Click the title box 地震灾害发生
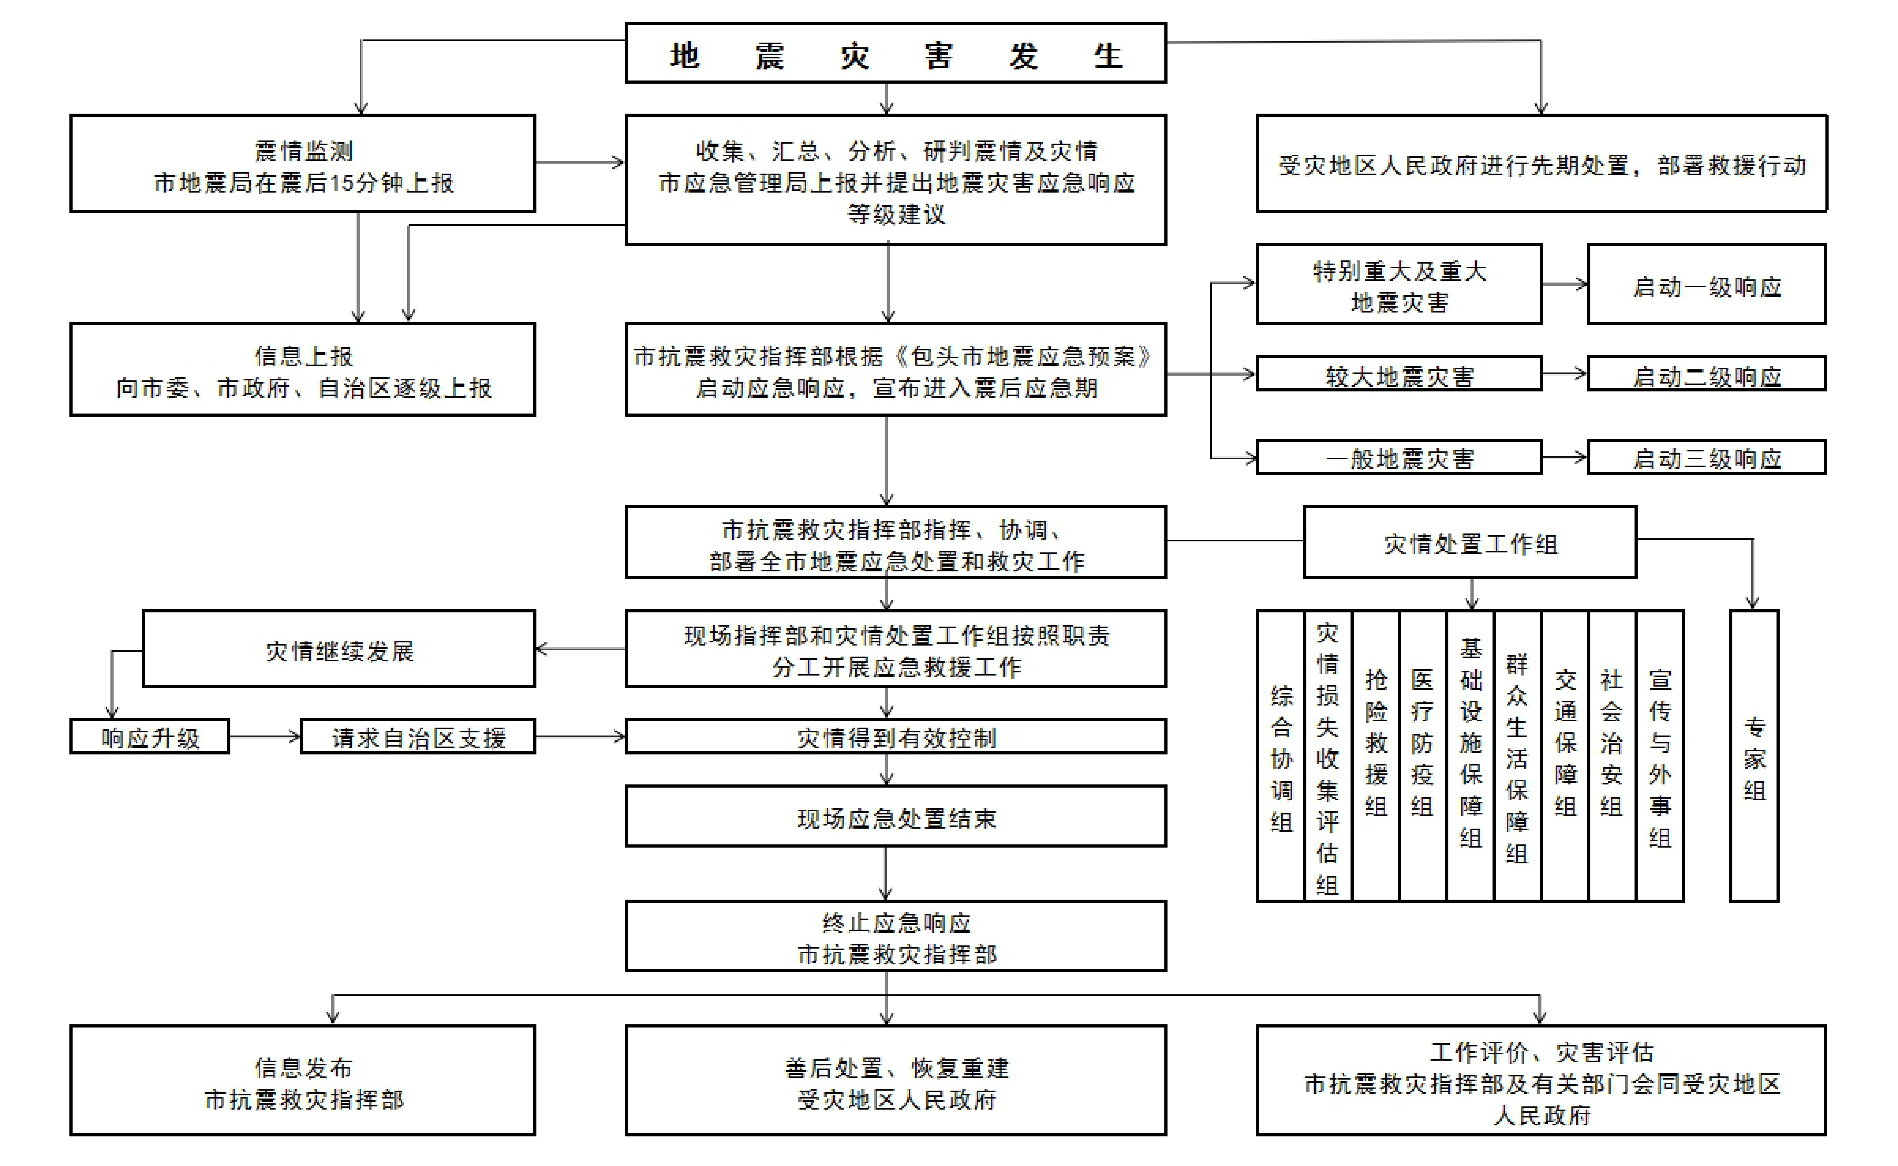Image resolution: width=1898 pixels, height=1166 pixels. coord(895,53)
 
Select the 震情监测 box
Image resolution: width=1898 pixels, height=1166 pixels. coord(303,163)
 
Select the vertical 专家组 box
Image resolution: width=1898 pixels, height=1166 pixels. coord(1754,756)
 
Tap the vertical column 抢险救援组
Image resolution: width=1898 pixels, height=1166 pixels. coord(1376,756)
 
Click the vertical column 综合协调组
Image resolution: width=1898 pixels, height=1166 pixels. coord(1281,756)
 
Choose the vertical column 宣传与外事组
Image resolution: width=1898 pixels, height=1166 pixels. coord(1660,756)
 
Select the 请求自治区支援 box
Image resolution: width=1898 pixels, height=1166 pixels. coord(418,736)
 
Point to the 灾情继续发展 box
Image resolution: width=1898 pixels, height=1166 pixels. coord(339,649)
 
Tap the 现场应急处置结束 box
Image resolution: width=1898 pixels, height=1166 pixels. coord(895,816)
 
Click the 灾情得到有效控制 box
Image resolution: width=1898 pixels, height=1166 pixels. coord(895,736)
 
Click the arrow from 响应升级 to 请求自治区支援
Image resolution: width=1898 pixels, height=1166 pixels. coord(264,736)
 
